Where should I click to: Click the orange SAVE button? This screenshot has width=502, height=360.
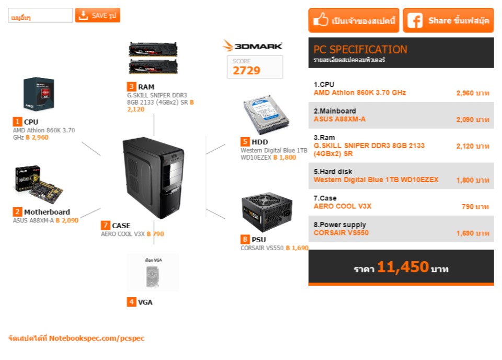98,15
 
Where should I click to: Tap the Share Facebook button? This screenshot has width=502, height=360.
448,21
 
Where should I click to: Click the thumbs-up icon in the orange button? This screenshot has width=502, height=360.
320,21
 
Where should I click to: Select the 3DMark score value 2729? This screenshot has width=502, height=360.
246,71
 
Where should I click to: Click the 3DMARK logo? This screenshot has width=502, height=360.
253,46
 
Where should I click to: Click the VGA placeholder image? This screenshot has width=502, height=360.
153,273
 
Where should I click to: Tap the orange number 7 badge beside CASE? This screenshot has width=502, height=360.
106,226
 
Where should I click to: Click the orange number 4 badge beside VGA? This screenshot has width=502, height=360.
131,302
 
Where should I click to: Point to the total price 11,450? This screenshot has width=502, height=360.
403,267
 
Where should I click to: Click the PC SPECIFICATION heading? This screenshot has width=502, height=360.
360,50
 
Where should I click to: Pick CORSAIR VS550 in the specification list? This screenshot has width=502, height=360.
341,233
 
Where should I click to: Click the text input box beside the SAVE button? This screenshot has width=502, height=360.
40,16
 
